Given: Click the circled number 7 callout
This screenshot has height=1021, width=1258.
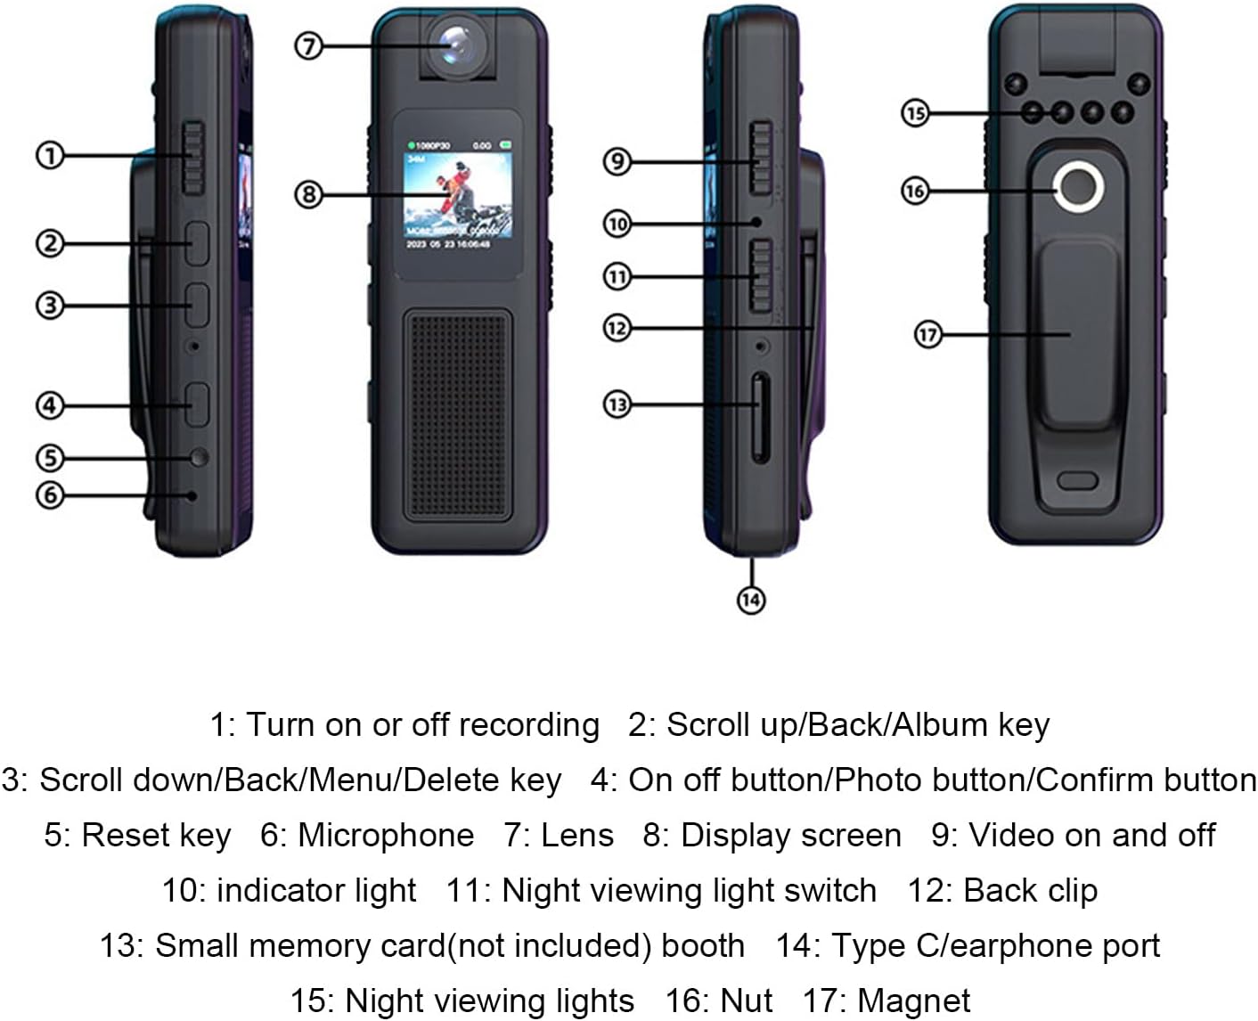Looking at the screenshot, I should click(x=307, y=45).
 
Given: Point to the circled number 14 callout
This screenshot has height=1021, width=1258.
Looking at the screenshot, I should click(x=751, y=600).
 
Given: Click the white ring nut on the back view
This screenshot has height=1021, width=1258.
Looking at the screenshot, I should click(x=1079, y=187).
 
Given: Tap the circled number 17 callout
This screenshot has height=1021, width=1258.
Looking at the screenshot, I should click(x=928, y=335).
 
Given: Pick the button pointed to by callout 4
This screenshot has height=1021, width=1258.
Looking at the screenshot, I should click(x=197, y=404).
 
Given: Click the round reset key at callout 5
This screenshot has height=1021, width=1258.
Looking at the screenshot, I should click(x=198, y=457).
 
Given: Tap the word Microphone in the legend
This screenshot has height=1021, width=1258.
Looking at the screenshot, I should click(x=386, y=836).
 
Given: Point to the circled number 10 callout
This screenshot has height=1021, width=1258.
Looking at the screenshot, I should click(x=617, y=224).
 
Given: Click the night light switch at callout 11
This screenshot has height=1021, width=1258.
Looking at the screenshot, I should click(x=760, y=275).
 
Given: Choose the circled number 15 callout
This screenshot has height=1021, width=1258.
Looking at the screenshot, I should click(x=915, y=113).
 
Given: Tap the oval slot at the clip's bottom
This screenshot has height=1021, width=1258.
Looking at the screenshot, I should click(x=1077, y=481).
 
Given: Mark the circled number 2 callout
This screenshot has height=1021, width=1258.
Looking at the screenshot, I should click(x=50, y=242).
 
